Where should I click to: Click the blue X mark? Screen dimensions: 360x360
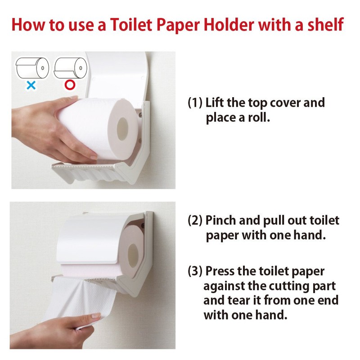click(x=31, y=85)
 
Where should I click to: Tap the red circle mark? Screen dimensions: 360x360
click(x=70, y=85)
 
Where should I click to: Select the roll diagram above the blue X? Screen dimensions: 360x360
click(x=32, y=68)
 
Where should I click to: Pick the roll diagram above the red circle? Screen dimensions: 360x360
click(x=70, y=68)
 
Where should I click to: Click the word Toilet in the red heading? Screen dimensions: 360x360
click(x=131, y=25)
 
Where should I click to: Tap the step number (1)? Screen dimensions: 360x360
click(x=195, y=103)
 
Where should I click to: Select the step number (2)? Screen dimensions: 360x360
click(x=195, y=220)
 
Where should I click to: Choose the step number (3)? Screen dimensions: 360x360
click(x=195, y=271)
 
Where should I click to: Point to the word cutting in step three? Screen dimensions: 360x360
click(x=288, y=286)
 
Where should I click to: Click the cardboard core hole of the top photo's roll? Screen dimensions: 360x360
click(x=122, y=129)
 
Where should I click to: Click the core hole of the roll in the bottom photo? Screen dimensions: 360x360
click(x=133, y=256)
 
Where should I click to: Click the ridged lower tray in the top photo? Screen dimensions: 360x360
click(x=90, y=172)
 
